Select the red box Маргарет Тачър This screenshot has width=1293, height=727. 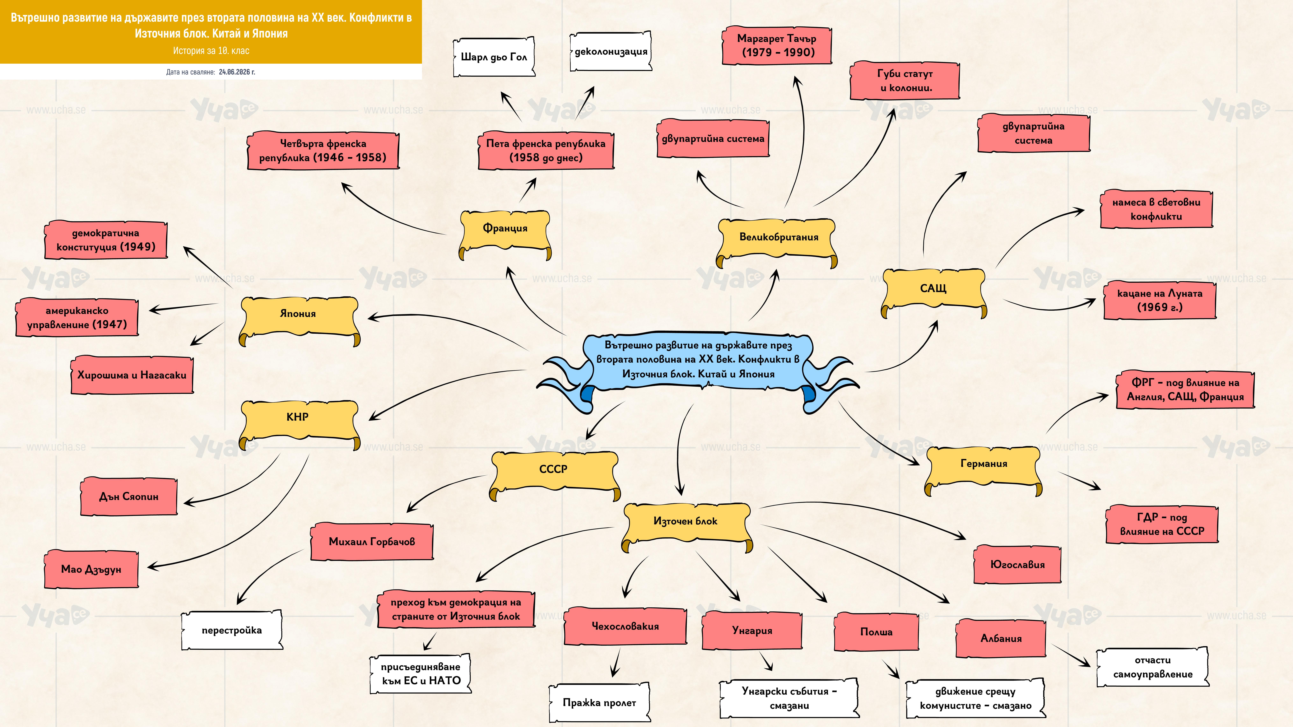pos(776,45)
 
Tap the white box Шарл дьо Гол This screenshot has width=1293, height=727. pos(494,57)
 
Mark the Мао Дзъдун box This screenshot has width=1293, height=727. pos(91,569)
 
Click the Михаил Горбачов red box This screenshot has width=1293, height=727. pos(372,541)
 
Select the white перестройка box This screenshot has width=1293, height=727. pos(232,630)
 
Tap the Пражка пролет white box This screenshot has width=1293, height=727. pos(599,702)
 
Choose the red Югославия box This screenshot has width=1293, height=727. pos(1017,565)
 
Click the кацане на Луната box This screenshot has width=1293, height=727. pos(1160,300)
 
